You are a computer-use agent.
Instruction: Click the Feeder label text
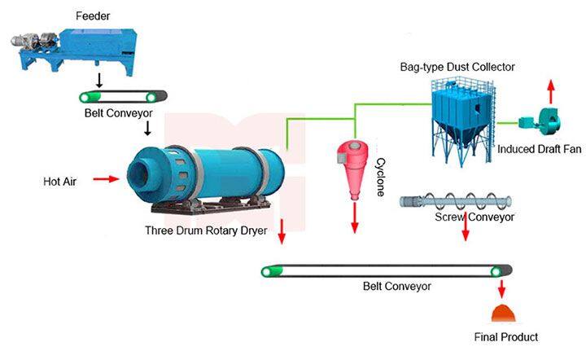pos(94,15)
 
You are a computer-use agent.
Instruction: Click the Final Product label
pos(505,336)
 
